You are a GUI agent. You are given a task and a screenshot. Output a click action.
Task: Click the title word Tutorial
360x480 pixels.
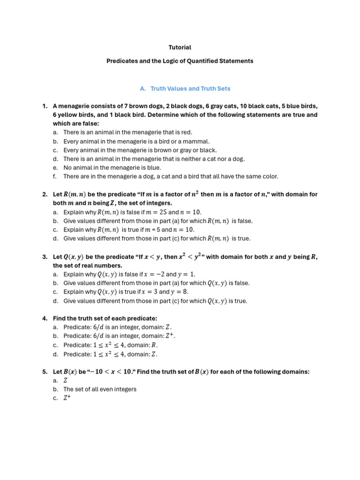coord(180,47)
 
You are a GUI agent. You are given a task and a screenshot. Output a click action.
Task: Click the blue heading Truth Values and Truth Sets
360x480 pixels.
coord(190,88)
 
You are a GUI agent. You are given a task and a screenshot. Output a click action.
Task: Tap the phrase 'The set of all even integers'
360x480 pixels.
coord(100,389)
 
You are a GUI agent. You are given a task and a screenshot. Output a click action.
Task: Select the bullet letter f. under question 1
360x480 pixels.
coord(55,177)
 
